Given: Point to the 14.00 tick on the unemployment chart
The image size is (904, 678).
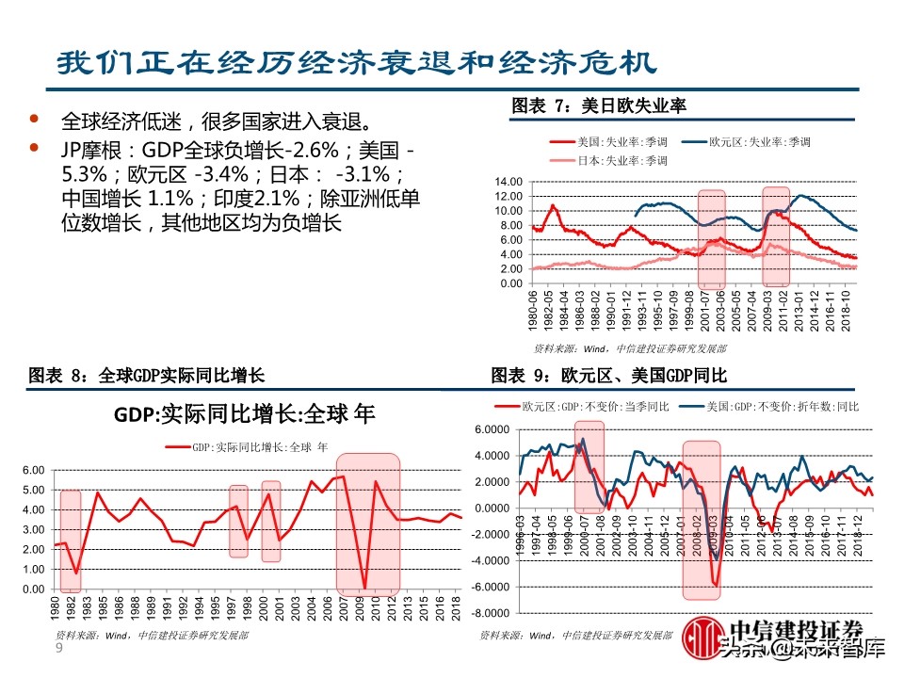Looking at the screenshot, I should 508,182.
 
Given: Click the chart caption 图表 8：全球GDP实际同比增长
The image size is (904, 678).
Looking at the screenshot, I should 147,376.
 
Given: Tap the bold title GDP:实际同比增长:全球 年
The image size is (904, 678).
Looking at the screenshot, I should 232,414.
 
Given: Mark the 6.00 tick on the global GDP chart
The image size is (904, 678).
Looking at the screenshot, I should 32,470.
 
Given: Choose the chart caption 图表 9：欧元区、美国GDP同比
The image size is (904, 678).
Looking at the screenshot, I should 609,376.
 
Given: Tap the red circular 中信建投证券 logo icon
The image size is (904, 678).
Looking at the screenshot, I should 702,638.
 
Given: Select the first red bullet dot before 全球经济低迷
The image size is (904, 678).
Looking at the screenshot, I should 35,120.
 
